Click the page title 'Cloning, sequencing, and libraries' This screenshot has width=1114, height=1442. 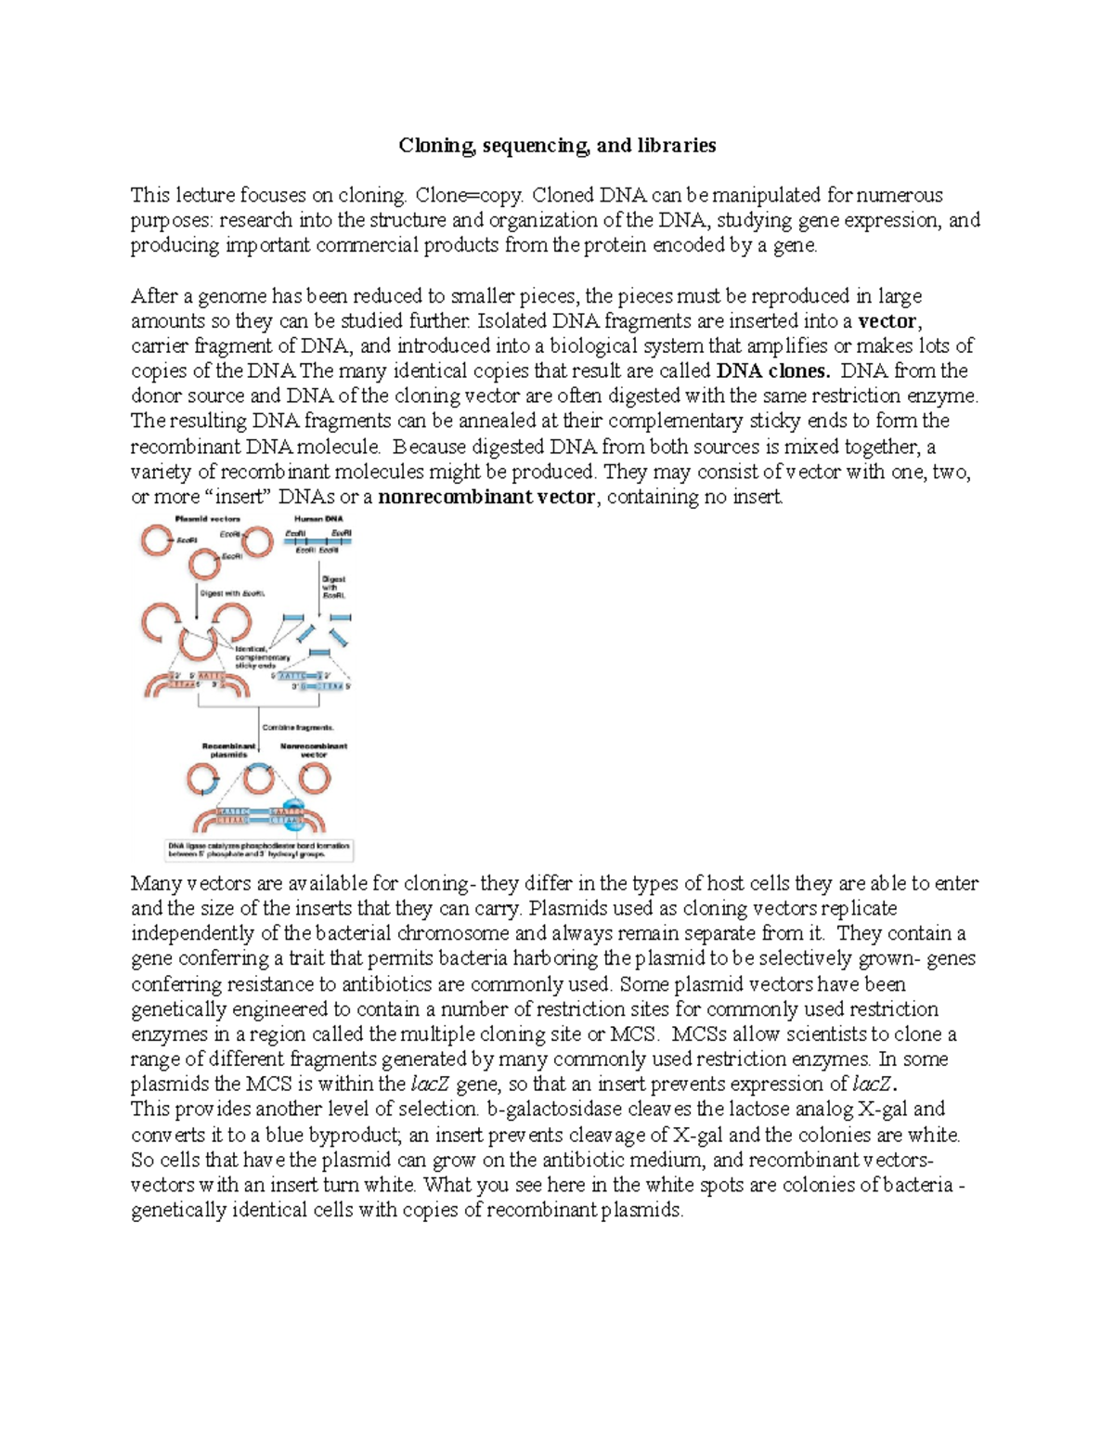557,146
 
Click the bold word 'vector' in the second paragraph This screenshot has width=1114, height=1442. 887,321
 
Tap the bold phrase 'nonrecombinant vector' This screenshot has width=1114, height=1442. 486,497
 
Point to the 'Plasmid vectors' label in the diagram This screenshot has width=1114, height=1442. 208,519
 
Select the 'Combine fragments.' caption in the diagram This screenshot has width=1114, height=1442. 298,728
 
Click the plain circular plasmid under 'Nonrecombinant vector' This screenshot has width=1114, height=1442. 314,778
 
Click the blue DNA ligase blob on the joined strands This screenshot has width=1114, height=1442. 291,813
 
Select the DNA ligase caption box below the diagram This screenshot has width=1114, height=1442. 259,850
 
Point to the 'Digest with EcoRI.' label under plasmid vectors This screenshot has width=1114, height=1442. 233,592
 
